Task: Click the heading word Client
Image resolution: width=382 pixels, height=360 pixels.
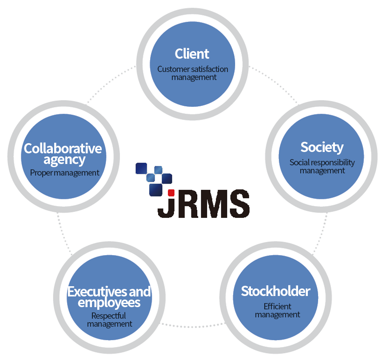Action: click(x=192, y=54)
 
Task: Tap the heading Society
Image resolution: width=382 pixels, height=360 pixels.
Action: click(x=322, y=147)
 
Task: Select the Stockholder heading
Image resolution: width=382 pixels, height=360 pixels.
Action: click(x=275, y=292)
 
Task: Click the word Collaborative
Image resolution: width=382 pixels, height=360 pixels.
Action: click(x=63, y=148)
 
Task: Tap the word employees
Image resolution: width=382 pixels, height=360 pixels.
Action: click(x=109, y=303)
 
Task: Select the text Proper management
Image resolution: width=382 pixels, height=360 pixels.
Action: click(x=65, y=172)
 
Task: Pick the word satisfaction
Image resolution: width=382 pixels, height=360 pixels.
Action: click(x=209, y=69)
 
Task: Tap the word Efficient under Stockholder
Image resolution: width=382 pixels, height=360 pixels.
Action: click(x=277, y=306)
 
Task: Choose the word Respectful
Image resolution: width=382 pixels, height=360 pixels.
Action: click(x=109, y=316)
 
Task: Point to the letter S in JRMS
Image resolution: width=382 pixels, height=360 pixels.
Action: click(x=238, y=204)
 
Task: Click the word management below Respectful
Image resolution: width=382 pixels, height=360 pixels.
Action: click(x=109, y=324)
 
